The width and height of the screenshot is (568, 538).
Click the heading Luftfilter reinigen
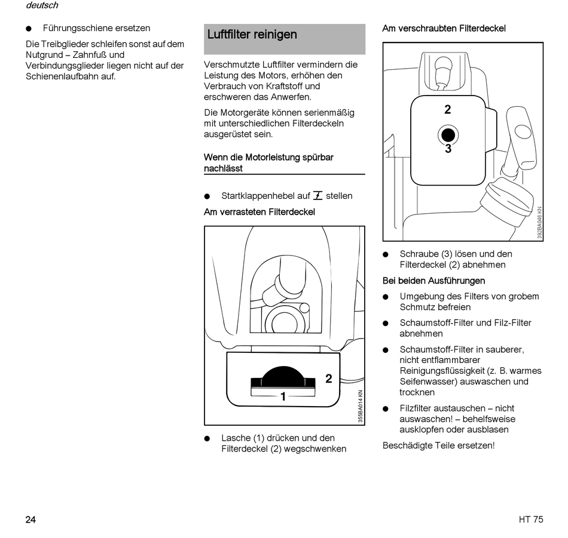click(252, 35)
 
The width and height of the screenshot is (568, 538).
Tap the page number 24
click(30, 519)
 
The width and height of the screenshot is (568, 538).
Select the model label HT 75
click(531, 519)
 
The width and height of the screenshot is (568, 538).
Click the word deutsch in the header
click(42, 5)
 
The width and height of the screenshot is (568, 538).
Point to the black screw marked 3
click(448, 134)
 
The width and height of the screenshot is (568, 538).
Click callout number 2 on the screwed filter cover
click(448, 110)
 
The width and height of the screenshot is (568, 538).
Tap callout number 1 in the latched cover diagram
click(283, 396)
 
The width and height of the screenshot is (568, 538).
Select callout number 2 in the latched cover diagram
click(328, 379)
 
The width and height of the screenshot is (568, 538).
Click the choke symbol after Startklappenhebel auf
click(317, 195)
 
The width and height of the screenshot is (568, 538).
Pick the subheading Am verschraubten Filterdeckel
click(444, 28)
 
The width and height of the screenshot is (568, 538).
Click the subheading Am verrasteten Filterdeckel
click(259, 212)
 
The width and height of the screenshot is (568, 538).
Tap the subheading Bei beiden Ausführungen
click(433, 281)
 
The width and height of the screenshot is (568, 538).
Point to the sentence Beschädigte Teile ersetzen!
click(438, 445)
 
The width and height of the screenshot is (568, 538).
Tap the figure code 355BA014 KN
click(361, 407)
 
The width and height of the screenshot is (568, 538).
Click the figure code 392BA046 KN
click(539, 223)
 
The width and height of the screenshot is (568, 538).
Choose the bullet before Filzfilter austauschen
click(386, 409)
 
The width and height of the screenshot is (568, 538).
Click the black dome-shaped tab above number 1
click(283, 375)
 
